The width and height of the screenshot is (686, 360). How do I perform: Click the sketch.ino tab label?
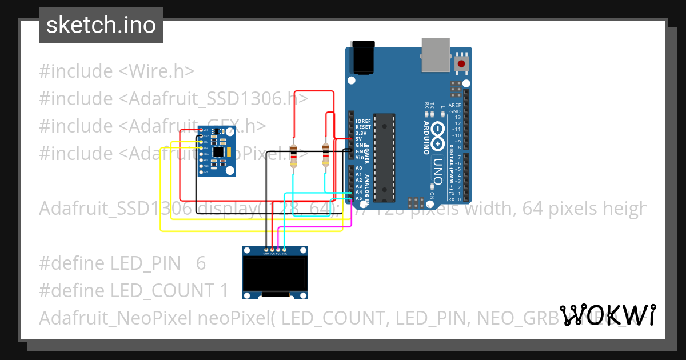(x=101, y=25)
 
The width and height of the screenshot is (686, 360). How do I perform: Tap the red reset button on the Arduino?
(x=460, y=64)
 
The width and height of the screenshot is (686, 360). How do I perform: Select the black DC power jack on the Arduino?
(x=364, y=58)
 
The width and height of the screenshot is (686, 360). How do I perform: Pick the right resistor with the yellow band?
(x=325, y=154)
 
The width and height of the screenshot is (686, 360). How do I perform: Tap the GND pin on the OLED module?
(x=266, y=250)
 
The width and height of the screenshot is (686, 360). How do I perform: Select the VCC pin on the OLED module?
(x=272, y=250)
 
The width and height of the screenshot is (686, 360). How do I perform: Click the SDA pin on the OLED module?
(x=284, y=250)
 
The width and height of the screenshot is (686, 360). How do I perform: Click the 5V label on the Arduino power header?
(x=358, y=139)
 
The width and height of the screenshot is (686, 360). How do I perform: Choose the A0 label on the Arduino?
(x=358, y=169)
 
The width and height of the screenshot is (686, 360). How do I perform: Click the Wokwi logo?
(x=607, y=315)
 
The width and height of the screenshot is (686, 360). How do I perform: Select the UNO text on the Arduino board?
(x=438, y=172)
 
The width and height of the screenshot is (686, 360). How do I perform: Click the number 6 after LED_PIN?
(x=200, y=263)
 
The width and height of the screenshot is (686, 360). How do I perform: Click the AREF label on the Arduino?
(x=454, y=105)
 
